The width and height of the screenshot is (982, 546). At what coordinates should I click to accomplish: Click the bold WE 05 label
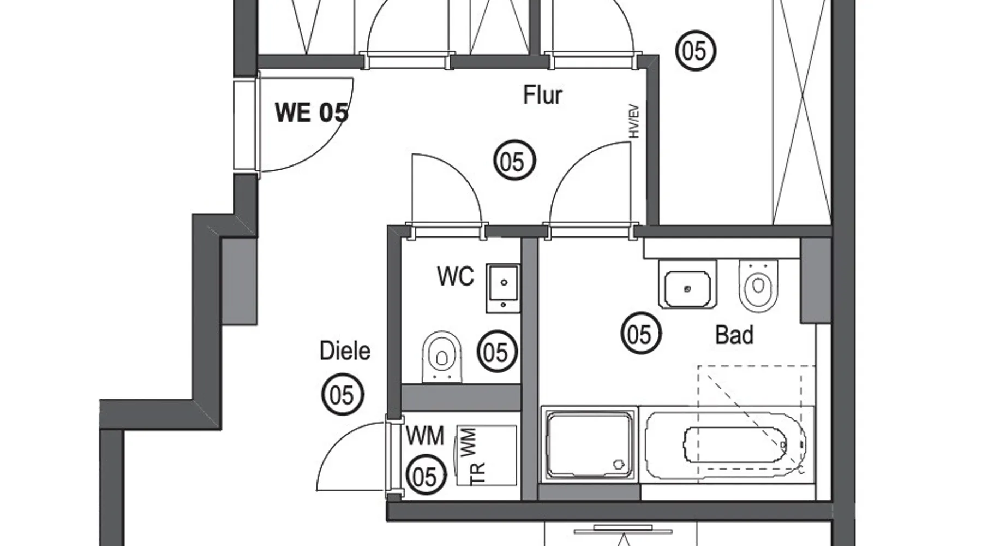(x=312, y=112)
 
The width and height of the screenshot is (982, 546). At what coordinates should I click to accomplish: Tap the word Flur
(x=542, y=95)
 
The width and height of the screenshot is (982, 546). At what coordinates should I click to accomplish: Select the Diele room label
(x=345, y=351)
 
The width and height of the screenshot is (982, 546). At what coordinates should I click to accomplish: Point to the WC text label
(x=456, y=277)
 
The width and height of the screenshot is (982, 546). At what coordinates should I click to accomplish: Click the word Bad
(x=734, y=335)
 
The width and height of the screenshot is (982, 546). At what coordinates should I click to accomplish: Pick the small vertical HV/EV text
(x=634, y=121)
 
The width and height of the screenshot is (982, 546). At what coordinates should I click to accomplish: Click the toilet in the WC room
(x=442, y=357)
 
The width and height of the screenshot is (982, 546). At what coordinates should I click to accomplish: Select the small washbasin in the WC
(x=503, y=288)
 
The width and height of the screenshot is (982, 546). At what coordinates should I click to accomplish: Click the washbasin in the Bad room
(x=687, y=284)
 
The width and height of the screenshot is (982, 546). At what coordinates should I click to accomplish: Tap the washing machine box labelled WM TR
(x=486, y=456)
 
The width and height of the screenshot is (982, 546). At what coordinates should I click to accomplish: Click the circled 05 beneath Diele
(x=343, y=394)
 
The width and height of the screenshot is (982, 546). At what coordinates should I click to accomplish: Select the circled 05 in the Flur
(x=514, y=161)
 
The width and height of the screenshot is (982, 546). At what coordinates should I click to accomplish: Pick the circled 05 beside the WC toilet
(x=497, y=352)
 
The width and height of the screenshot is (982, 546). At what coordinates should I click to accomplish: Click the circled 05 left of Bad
(x=641, y=333)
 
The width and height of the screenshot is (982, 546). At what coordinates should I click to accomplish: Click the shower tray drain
(x=619, y=465)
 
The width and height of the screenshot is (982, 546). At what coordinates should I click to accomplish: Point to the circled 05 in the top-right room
(x=696, y=50)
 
